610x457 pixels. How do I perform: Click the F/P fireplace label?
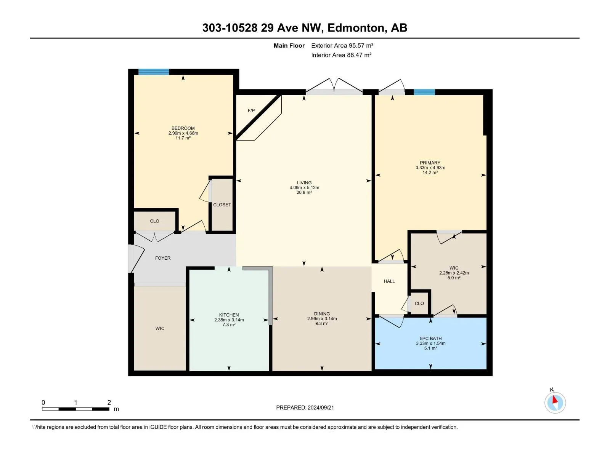251,111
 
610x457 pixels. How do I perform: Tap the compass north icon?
555,403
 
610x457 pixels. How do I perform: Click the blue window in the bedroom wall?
154,72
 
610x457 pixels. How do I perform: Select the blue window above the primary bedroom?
424,92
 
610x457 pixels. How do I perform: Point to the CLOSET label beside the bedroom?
222,205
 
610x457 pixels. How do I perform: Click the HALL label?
389,281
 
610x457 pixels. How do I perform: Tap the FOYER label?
163,258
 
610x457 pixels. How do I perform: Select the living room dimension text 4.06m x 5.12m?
304,188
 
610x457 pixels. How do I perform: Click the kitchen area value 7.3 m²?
229,325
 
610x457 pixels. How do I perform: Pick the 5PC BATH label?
430,339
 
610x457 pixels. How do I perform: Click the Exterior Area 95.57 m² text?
342,45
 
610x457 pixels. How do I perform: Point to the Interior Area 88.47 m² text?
341,55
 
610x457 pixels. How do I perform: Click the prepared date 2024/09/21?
321,407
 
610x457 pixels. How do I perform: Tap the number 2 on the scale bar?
109,403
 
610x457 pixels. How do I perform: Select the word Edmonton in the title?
356,28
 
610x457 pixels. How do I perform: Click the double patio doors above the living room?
334,87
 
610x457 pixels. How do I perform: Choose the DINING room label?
322,314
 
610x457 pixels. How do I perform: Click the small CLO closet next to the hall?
419,304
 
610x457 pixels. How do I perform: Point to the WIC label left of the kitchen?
160,329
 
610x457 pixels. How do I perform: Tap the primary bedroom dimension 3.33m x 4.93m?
430,168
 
